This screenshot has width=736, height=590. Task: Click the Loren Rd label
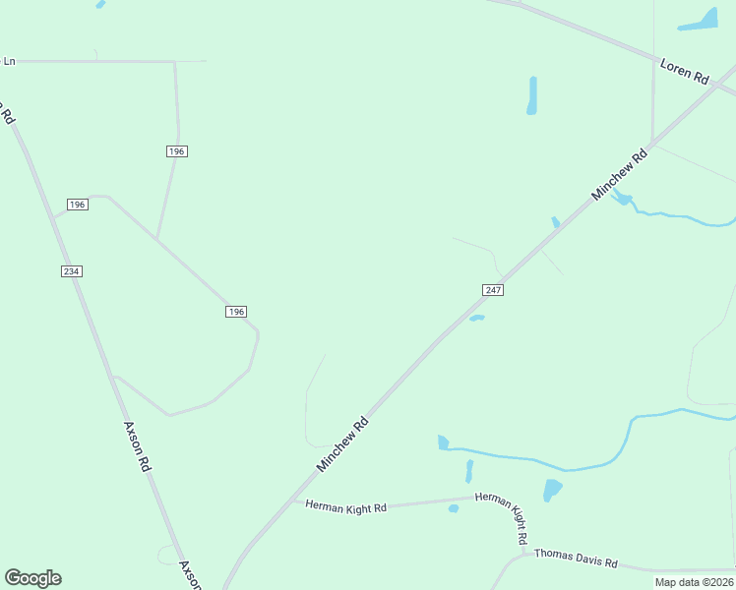click(x=685, y=72)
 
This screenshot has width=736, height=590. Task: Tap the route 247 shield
click(x=494, y=289)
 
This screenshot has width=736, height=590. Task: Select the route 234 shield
click(x=71, y=270)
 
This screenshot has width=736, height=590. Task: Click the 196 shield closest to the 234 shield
click(x=78, y=205)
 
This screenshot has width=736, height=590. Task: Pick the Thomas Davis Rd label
click(x=576, y=559)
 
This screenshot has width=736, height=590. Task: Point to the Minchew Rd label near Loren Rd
click(x=620, y=175)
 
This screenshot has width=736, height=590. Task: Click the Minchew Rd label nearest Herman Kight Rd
click(x=342, y=443)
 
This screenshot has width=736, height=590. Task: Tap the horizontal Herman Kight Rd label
click(x=345, y=506)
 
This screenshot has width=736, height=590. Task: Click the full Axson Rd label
click(x=136, y=446)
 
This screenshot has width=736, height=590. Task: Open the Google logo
click(x=32, y=578)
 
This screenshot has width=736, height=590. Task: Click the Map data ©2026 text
click(x=694, y=582)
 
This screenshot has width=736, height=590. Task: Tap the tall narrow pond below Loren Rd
click(x=532, y=95)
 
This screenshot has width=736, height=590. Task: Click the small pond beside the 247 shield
click(x=476, y=318)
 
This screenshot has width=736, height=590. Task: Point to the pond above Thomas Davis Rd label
click(x=552, y=489)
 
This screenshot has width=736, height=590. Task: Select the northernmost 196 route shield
click(x=176, y=150)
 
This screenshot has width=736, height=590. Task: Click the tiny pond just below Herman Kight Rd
click(x=454, y=508)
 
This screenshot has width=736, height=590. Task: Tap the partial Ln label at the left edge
click(x=9, y=61)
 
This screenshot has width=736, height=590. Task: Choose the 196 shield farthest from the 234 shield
click(x=235, y=311)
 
